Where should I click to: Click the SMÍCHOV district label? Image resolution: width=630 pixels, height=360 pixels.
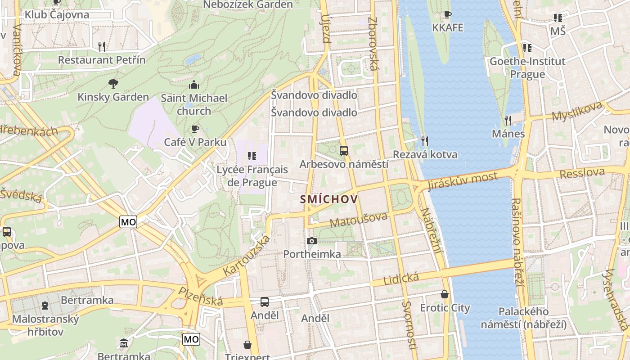329,199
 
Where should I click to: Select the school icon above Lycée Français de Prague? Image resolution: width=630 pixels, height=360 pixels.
252,156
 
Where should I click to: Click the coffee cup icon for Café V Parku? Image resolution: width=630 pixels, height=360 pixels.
195,129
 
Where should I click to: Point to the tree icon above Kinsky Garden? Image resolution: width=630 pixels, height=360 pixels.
113,83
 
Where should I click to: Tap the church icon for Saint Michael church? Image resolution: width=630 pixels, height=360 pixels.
194,85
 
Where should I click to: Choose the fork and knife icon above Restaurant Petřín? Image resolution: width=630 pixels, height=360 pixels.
102,46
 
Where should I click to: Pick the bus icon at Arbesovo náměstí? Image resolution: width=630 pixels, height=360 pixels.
344,151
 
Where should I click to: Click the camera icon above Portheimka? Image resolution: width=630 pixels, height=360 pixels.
311,241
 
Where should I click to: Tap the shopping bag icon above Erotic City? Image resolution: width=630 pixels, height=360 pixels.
445,294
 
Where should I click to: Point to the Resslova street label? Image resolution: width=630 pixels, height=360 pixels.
582,172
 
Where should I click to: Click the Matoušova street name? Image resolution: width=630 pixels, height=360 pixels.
358,220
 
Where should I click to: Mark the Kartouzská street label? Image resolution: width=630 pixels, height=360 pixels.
247,255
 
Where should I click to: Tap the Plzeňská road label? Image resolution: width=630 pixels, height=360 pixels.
201,297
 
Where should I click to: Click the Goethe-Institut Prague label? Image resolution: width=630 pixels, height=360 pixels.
527,67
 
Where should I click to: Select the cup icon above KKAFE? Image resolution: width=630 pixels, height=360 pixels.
447,15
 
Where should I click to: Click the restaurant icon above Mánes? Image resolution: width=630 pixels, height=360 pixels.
508,120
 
